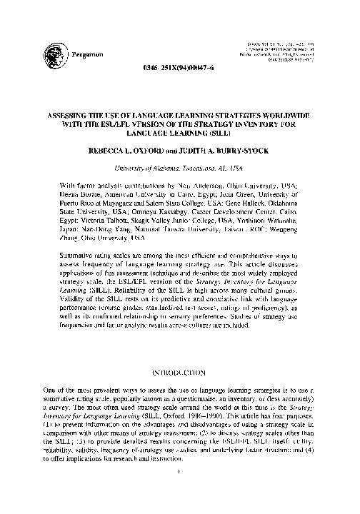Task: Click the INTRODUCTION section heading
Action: [x=180, y=372]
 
